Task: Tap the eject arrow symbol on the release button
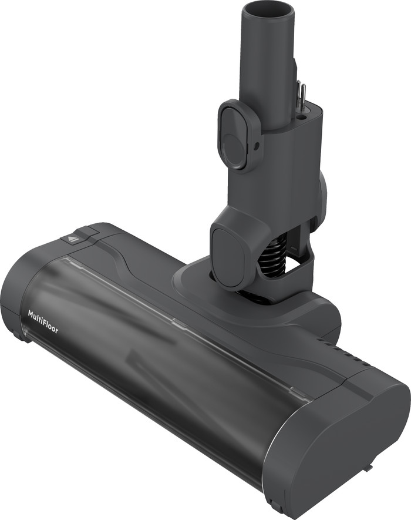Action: click(73, 239)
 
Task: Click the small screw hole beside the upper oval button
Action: click(258, 143)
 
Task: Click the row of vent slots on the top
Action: click(349, 356)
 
